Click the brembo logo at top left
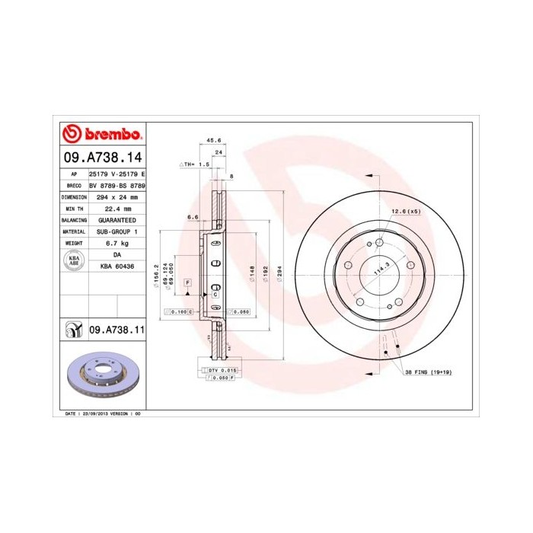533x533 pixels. pyautogui.click(x=102, y=135)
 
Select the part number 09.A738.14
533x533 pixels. pyautogui.click(x=102, y=158)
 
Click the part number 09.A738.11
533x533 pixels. pyautogui.click(x=116, y=330)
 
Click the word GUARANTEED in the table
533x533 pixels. pyautogui.click(x=117, y=219)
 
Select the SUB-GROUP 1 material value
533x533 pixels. pyautogui.click(x=117, y=231)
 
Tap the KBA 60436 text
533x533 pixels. pyautogui.click(x=117, y=266)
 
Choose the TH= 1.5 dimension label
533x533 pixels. pyautogui.click(x=196, y=164)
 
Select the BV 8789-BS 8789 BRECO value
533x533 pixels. pyautogui.click(x=117, y=185)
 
